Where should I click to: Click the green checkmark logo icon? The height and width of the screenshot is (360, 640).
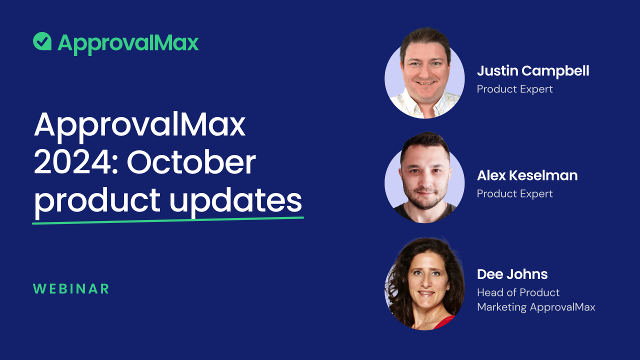tap(43, 41)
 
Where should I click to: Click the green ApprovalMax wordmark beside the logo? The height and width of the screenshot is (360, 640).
tap(128, 43)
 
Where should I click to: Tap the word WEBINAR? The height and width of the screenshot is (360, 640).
tap(71, 289)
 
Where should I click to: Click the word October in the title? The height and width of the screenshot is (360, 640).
tap(191, 162)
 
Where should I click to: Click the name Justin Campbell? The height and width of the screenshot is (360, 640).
tap(532, 71)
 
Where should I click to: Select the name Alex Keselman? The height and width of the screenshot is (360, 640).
tap(527, 175)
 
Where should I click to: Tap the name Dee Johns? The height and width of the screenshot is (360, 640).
tap(512, 274)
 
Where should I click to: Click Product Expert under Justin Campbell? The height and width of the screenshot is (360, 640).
tap(514, 89)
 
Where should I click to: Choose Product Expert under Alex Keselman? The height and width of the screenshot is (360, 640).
tap(514, 194)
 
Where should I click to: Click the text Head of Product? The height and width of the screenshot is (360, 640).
tap(518, 292)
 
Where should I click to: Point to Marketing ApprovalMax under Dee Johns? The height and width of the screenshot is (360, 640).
tap(536, 307)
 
